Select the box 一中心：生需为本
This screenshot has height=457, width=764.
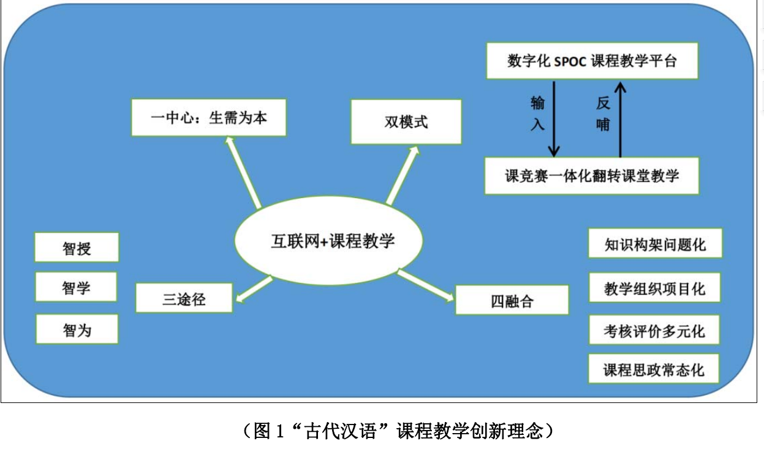coord(209,118)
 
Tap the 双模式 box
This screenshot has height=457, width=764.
coord(406,122)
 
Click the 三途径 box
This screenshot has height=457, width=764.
coord(184,300)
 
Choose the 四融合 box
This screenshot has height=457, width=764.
coord(512,301)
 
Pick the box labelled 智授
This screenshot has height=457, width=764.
coord(77,248)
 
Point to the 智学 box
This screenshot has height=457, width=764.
coord(77,287)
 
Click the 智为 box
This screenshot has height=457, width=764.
coord(77,330)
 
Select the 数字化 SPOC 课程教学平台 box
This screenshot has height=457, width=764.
coord(592,61)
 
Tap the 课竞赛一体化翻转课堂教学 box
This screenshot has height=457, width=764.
coord(592,176)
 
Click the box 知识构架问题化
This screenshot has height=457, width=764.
coord(654,244)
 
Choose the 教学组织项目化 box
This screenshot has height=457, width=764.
coord(654,288)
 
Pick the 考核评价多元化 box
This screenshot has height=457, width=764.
coord(654,331)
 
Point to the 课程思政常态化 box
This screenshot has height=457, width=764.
coord(654,369)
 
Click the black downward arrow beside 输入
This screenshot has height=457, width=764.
coord(554,120)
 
